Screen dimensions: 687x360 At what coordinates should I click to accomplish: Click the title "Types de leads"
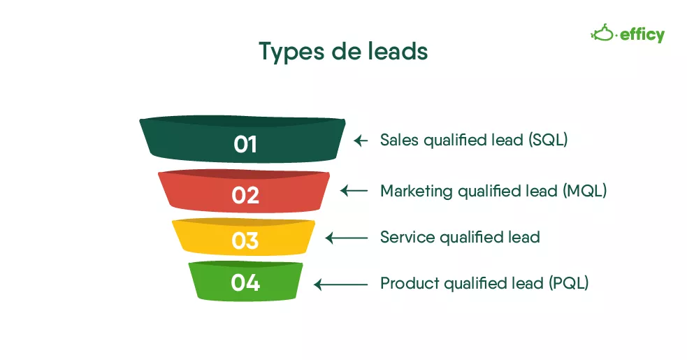click(343, 51)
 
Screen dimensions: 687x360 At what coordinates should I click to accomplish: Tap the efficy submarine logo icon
click(604, 34)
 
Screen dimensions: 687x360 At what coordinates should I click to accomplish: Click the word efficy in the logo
click(642, 35)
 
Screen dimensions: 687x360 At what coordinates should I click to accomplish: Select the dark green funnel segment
click(243, 139)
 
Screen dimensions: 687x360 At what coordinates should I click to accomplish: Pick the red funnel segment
click(244, 191)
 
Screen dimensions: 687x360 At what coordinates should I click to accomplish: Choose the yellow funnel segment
click(244, 237)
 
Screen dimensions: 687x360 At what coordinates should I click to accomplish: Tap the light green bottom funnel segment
click(245, 281)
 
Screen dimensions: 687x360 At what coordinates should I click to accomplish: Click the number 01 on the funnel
click(245, 144)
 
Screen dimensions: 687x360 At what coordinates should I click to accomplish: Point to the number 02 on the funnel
click(245, 195)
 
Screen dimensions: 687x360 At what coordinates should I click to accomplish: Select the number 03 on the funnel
click(245, 240)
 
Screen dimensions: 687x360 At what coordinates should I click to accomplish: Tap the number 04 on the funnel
click(245, 283)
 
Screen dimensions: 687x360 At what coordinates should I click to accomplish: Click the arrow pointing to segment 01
click(361, 141)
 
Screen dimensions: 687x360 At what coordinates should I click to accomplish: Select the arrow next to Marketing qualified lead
click(354, 191)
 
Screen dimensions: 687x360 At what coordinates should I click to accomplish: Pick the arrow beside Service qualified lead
click(347, 238)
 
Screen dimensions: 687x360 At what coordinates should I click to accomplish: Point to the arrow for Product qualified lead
click(341, 285)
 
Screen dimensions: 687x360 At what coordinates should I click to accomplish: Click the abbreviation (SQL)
click(548, 140)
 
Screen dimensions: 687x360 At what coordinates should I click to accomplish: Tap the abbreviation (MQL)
click(585, 191)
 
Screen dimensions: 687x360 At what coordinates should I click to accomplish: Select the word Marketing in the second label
click(417, 191)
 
